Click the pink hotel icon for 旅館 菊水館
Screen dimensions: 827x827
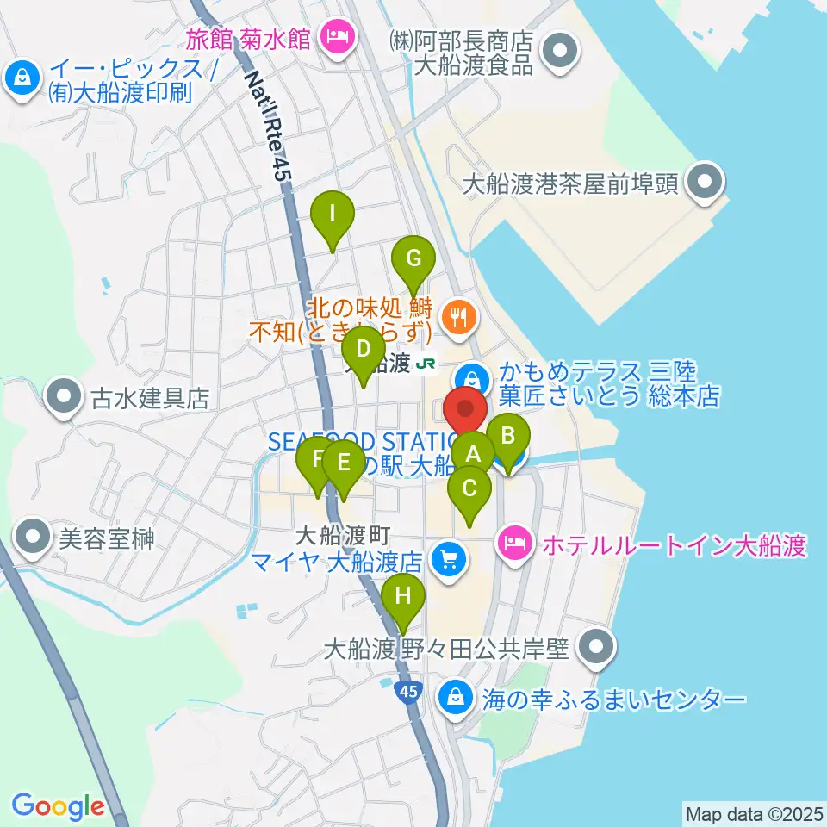tap(333, 36)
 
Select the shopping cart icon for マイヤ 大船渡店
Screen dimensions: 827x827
tap(448, 561)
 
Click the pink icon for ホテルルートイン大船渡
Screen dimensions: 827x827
tap(514, 544)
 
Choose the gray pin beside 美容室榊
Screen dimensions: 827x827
tap(34, 538)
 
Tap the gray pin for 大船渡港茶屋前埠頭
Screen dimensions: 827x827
tap(706, 182)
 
